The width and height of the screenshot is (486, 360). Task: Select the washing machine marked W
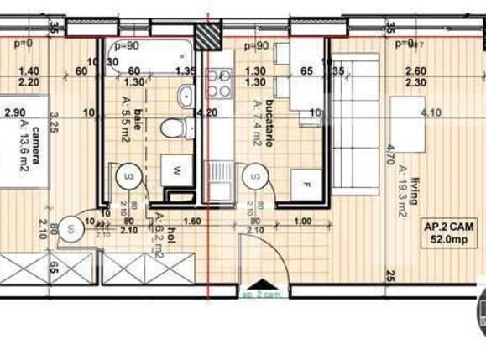click(x=177, y=169)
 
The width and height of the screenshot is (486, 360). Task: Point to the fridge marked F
click(x=306, y=180)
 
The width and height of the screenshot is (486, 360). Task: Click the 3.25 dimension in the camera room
click(x=51, y=126)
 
